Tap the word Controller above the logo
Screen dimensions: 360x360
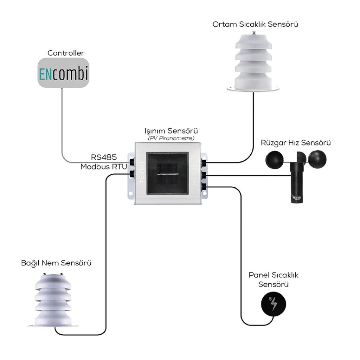tap(66, 53)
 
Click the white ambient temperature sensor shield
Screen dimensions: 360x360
tap(253, 63)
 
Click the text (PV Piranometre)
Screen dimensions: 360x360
tap(171, 138)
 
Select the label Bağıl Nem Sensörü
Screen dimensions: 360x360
tap(56, 263)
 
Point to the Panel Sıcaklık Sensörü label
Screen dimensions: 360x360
tap(274, 279)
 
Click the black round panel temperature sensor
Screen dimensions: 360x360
tap(273, 304)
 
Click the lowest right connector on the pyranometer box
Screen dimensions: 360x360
tap(204, 187)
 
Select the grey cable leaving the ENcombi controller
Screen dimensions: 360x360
tap(62, 123)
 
